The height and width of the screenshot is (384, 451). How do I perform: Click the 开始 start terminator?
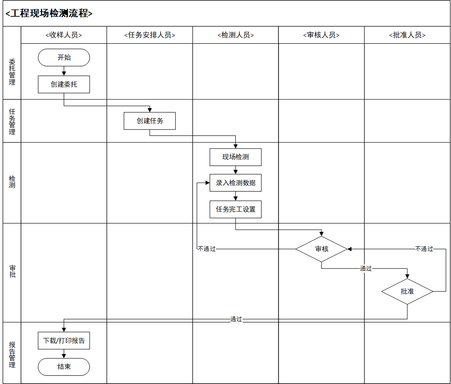coord(64,57)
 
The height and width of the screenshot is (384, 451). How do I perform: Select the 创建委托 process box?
coord(64,84)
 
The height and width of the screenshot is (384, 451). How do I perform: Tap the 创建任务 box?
coord(150,121)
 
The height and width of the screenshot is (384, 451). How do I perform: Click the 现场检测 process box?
coord(235,157)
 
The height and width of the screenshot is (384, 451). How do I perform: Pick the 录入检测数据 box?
coord(235,183)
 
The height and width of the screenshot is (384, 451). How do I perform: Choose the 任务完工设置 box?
coord(235,209)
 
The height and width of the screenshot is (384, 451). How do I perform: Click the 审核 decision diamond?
coord(321,249)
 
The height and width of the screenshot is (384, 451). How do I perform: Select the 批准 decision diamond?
coord(407,291)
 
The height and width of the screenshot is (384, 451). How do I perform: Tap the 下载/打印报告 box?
coord(64,341)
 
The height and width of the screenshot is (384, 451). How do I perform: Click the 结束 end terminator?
coord(64,367)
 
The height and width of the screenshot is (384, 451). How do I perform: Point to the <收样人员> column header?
coord(64,35)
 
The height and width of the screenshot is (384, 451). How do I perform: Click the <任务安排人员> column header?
coord(150,35)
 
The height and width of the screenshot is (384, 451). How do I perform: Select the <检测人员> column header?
coord(235,35)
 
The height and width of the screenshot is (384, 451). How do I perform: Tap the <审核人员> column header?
coord(321,35)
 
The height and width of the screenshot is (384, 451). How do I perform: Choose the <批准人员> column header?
coord(407,35)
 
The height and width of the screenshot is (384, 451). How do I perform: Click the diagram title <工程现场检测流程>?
coord(49,14)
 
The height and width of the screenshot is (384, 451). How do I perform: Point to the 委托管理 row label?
coord(12,72)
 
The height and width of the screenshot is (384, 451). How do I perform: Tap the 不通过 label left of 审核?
coord(207,249)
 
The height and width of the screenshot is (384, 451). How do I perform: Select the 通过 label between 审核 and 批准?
coord(366,269)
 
